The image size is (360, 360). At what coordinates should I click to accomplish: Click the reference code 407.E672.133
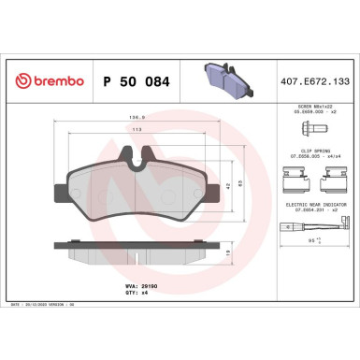click(313, 81)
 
